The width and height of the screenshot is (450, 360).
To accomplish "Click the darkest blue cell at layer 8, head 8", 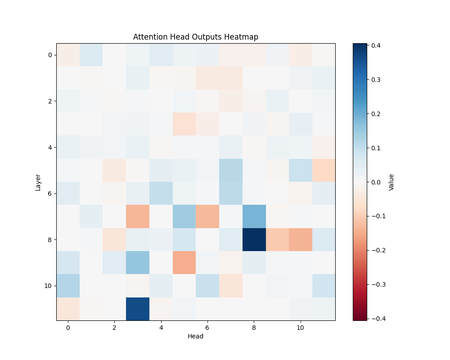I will pos(254,239).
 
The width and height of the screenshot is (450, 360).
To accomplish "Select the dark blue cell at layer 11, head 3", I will pos(138,309).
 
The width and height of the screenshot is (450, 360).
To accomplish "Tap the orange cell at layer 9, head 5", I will pos(184,262).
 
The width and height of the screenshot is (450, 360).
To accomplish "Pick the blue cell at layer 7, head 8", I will pos(254,216).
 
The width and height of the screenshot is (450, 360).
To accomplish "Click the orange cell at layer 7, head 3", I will pos(138,216).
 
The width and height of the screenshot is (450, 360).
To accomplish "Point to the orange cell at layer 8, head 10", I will pos(300,239).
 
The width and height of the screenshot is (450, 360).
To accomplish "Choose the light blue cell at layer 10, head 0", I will pos(68,286).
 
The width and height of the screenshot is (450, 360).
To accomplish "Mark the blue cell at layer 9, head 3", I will pos(138,262).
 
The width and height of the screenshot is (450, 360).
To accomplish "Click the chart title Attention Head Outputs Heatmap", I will pos(196,37).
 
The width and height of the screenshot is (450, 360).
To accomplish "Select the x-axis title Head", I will pos(196,336).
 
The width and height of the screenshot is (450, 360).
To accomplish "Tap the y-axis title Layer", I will pos(38,182).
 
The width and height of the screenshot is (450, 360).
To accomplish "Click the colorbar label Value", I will pos(391,182).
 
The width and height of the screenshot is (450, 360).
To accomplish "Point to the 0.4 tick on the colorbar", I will pos(374,45).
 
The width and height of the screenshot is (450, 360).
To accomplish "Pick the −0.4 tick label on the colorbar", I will pos(373,319).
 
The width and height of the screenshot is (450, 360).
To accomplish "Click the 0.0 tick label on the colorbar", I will pos(374,182).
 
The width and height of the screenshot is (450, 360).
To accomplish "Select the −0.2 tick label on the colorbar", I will pos(373,250).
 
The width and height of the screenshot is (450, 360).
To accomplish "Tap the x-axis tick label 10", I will pos(300,328).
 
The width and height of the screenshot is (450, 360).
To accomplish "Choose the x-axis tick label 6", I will pos(207,328).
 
